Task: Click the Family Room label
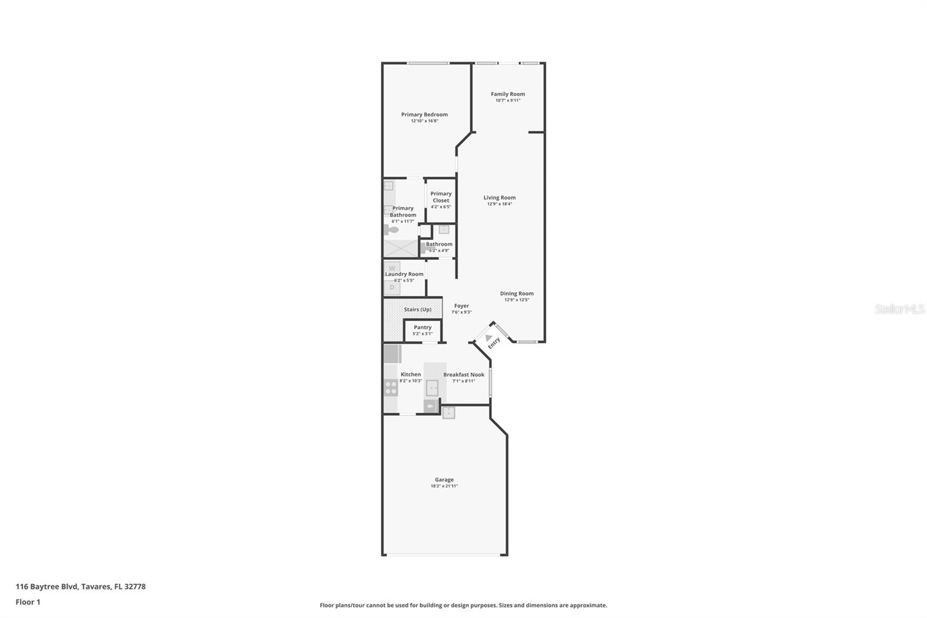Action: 508,94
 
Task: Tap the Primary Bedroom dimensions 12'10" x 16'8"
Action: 424,121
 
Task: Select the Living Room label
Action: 499,198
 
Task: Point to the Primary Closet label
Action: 441,197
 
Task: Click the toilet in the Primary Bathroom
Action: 392,230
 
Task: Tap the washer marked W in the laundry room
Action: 392,268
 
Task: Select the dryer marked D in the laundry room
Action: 392,287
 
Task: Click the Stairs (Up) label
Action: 417,310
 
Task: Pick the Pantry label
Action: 422,328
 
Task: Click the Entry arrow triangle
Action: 488,337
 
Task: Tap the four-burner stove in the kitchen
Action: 391,387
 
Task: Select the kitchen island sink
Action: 432,387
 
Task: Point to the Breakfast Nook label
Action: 463,375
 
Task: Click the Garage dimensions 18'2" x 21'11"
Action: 444,486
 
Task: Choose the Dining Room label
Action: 516,293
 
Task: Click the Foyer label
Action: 461,306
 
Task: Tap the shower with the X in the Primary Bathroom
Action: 400,248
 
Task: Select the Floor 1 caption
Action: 28,602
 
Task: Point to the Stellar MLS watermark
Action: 899,310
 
